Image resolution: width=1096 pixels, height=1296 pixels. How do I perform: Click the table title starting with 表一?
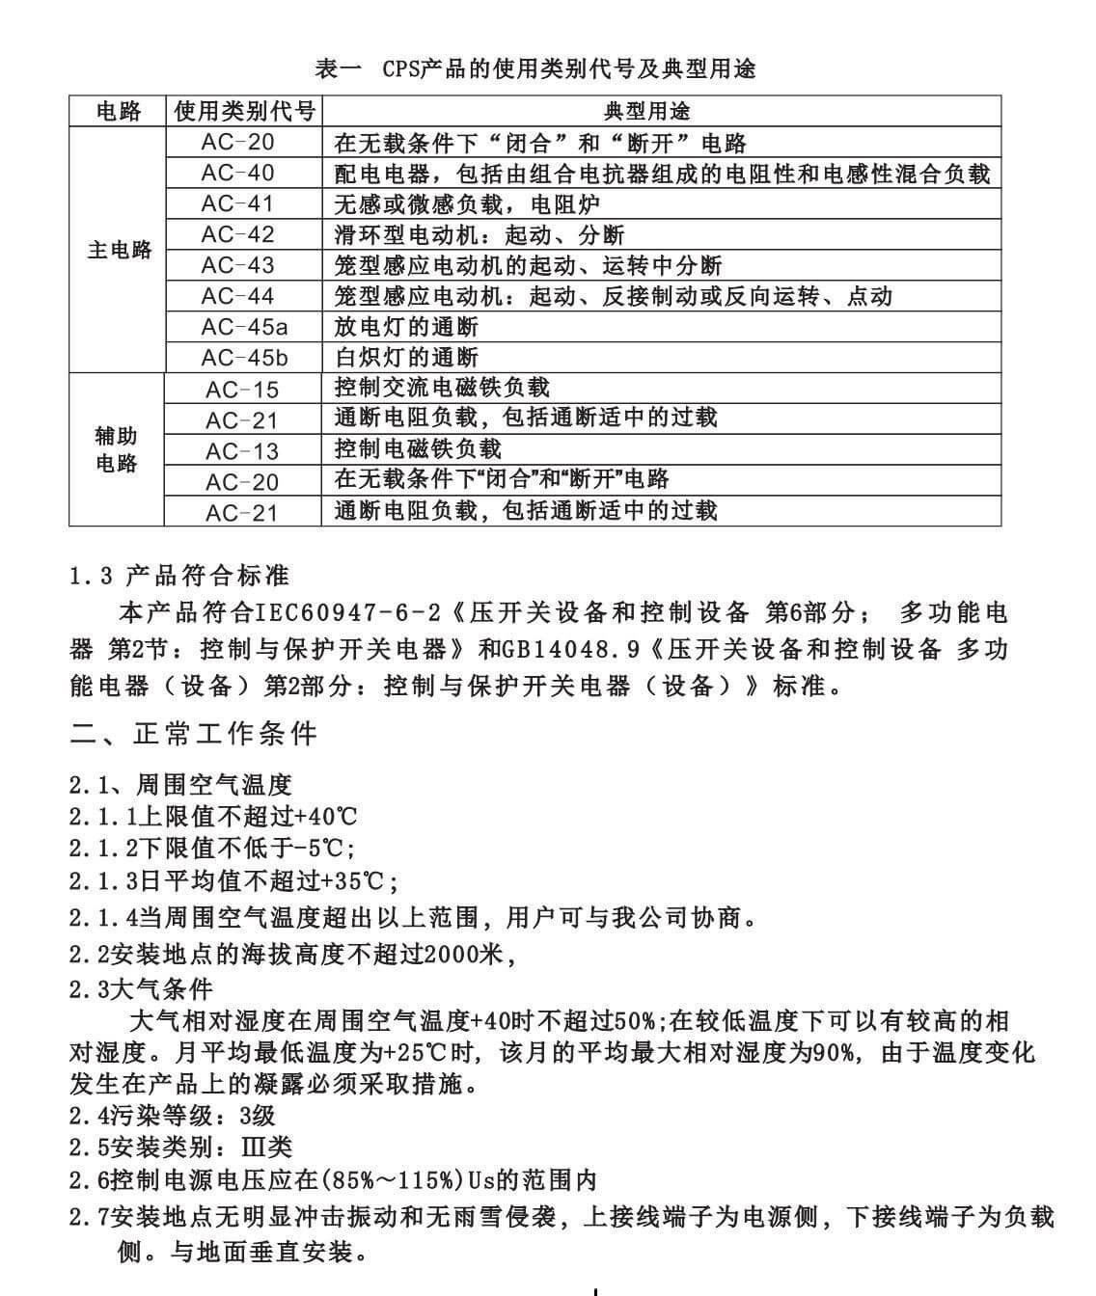[535, 68]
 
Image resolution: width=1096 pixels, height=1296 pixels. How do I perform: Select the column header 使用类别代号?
[244, 112]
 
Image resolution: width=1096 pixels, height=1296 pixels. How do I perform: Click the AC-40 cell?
[238, 174]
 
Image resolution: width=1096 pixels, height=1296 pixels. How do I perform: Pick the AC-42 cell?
[238, 235]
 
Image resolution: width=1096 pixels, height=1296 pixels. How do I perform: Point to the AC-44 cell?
[238, 297]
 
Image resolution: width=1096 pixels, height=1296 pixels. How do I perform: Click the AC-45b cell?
[244, 359]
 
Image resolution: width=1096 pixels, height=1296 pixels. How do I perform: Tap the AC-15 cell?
[242, 390]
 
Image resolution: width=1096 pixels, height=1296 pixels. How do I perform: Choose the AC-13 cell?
[242, 451]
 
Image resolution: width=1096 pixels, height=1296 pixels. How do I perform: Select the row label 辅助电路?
[117, 449]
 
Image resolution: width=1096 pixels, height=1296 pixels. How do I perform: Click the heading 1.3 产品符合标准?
[179, 577]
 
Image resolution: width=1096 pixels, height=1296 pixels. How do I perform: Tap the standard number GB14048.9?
[571, 650]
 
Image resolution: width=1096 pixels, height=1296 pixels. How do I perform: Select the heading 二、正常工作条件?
[194, 735]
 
